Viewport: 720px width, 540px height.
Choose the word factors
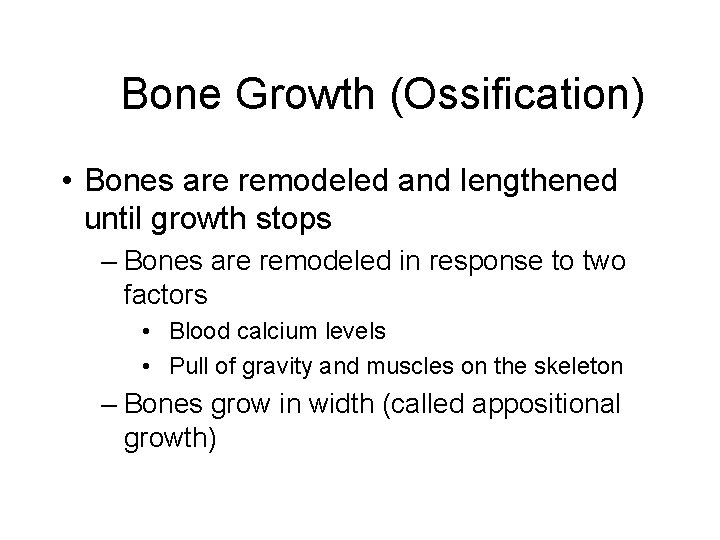(x=165, y=296)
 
